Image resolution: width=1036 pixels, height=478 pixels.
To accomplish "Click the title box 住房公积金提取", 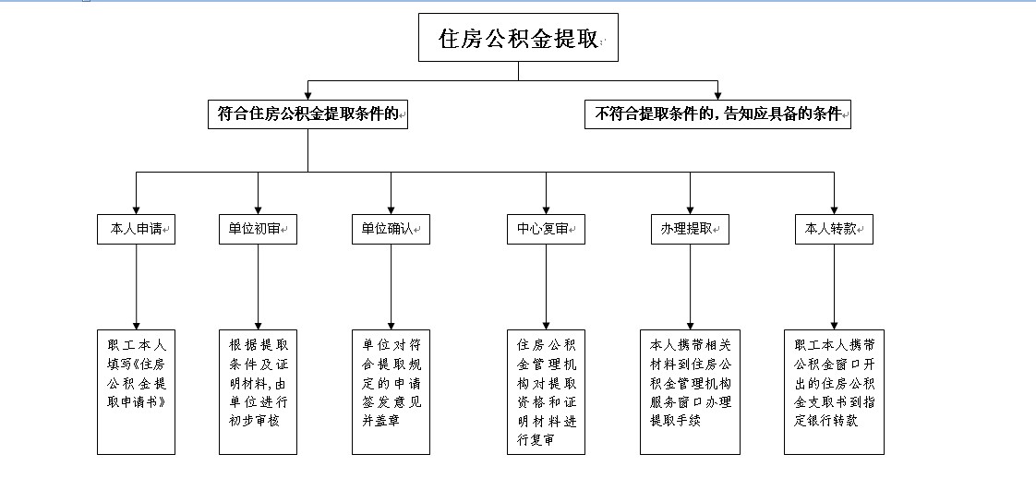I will (x=518, y=38).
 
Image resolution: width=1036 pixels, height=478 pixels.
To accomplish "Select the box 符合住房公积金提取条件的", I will (x=307, y=114).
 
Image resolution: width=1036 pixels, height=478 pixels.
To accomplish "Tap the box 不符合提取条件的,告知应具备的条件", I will (x=717, y=114).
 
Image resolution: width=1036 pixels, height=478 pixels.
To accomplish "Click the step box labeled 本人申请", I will (x=137, y=229).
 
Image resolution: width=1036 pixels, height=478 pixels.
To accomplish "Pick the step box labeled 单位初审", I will (x=258, y=229).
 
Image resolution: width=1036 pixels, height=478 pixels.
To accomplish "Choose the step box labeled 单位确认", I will (x=391, y=229).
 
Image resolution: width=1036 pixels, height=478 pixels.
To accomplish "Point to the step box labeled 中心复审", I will (x=546, y=229).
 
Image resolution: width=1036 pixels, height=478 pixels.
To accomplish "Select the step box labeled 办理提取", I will (x=690, y=229).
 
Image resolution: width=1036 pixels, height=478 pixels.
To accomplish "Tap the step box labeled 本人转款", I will (x=834, y=229).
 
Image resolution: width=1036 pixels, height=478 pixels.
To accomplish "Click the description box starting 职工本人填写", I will (x=137, y=391).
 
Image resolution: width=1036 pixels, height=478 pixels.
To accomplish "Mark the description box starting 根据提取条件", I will (x=258, y=391).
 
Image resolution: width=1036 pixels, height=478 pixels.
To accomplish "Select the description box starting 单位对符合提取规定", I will (x=391, y=391).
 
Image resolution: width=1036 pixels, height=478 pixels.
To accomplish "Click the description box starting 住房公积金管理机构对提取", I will (x=546, y=391).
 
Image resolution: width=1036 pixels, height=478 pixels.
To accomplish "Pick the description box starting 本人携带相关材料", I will (x=690, y=391).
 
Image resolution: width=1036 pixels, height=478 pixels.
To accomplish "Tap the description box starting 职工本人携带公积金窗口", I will (x=834, y=391).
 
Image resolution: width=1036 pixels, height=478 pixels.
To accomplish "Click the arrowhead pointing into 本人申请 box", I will (x=137, y=209).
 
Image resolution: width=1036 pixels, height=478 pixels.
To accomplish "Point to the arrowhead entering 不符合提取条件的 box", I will (x=717, y=95).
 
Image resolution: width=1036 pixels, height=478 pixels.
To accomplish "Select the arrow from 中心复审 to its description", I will (x=546, y=286).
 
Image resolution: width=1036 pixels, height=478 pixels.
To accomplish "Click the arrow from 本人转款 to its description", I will (x=834, y=286).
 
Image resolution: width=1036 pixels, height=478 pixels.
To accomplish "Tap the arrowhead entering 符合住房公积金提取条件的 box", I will (x=307, y=95).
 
